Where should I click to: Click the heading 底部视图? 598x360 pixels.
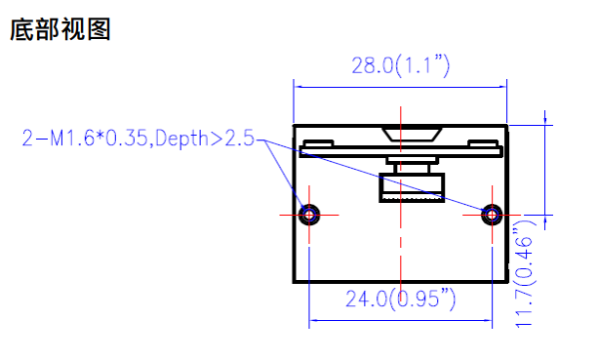60,30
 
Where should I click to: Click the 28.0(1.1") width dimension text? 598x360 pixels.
400,65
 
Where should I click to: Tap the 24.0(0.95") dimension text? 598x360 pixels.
400,300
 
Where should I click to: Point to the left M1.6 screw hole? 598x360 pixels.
310,213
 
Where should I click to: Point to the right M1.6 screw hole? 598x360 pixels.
494,213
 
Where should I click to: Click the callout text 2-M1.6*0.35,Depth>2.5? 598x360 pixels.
138,139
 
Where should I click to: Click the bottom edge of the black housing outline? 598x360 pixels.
401,281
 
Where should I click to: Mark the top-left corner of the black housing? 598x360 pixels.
295,125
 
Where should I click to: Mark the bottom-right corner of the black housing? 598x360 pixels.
507,281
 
